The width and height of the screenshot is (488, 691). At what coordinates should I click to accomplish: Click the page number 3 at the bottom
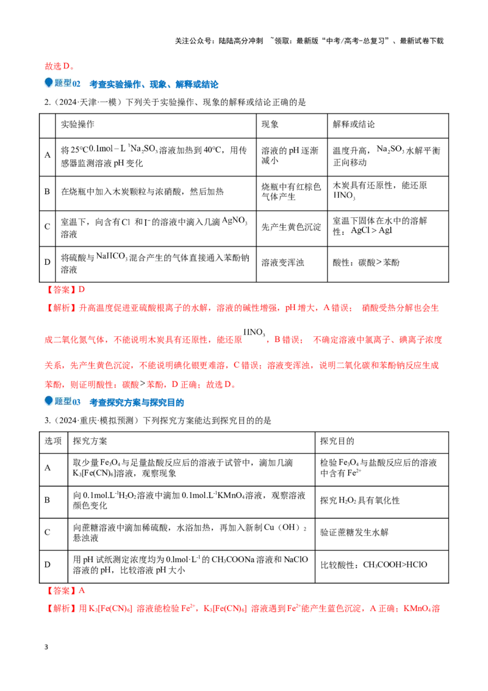pyautogui.click(x=46, y=647)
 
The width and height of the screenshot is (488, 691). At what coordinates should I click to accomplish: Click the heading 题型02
pyautogui.click(x=67, y=83)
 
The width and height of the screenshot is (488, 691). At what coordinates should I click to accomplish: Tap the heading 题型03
pyautogui.click(x=67, y=402)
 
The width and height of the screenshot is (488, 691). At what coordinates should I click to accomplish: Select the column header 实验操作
pyautogui.click(x=77, y=125)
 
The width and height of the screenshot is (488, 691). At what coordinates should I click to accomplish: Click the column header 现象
pyautogui.click(x=270, y=125)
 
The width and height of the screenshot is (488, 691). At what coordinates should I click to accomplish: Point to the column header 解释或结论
pyautogui.click(x=354, y=125)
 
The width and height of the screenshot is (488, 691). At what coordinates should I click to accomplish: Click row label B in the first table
pyautogui.click(x=47, y=192)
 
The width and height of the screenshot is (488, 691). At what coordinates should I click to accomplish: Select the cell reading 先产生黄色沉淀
pyautogui.click(x=291, y=227)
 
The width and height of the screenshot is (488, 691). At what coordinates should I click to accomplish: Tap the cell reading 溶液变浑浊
pyautogui.click(x=283, y=262)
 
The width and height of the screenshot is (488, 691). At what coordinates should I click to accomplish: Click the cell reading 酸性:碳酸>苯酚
pyautogui.click(x=366, y=262)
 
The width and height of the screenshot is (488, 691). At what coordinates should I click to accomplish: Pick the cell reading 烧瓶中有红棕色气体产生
pyautogui.click(x=291, y=192)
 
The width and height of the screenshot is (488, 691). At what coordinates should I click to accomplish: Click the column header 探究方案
pyautogui.click(x=90, y=441)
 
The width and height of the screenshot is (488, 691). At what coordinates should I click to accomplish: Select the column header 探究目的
pyautogui.click(x=337, y=441)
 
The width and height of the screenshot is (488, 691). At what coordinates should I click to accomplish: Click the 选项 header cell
pyautogui.click(x=53, y=441)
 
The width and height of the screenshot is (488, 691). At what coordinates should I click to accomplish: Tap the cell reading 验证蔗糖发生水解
pyautogui.click(x=354, y=532)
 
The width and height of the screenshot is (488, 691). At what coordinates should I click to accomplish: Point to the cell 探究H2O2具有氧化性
pyautogui.click(x=360, y=500)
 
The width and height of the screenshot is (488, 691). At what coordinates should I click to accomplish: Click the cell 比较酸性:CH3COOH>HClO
pyautogui.click(x=373, y=565)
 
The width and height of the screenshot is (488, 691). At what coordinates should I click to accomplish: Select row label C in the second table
pyautogui.click(x=47, y=532)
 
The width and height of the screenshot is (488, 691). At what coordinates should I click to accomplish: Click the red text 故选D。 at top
pyautogui.click(x=59, y=66)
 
